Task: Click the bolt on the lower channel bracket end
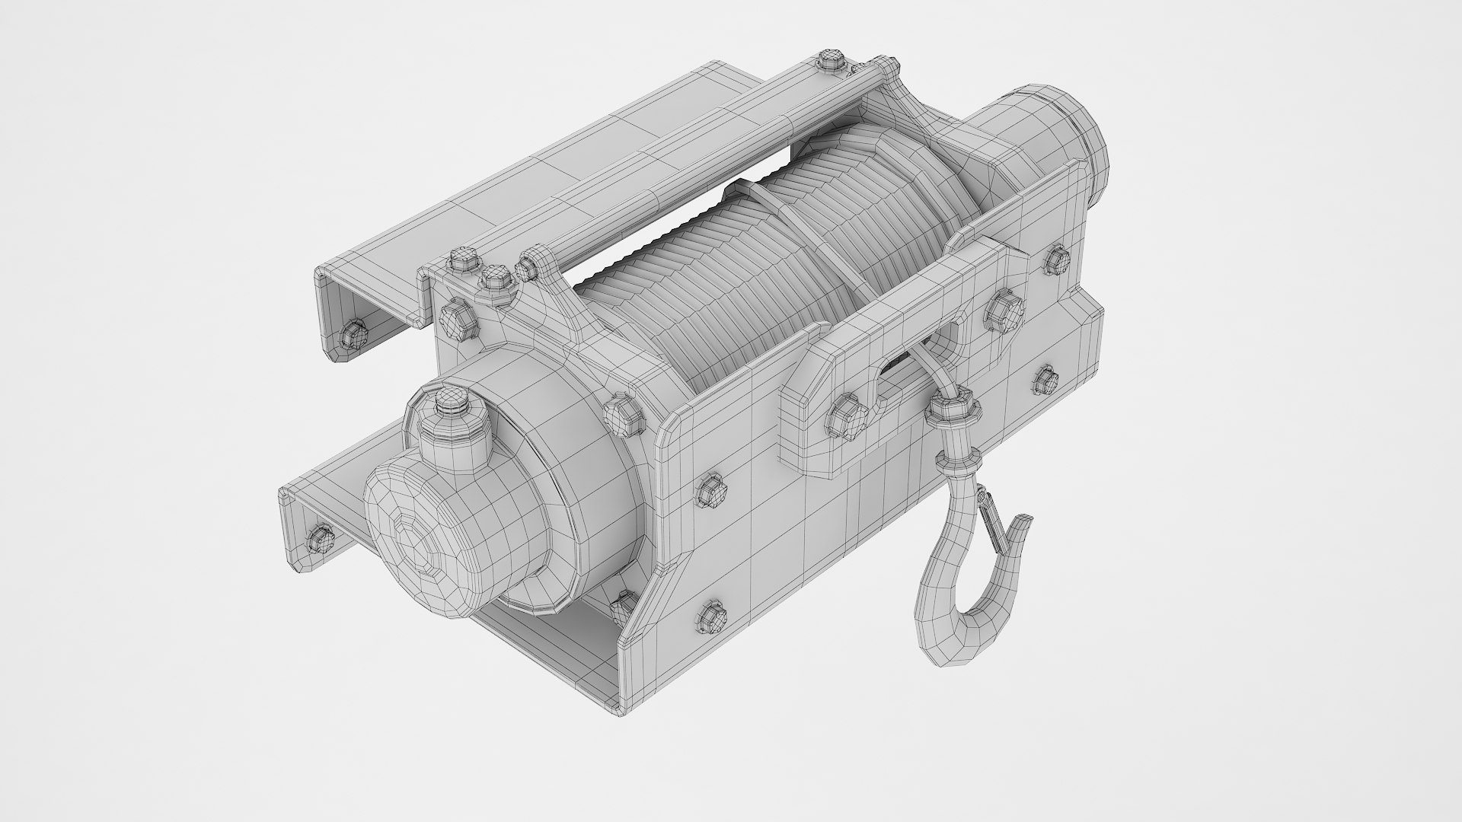[321, 539]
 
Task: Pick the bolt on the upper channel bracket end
[352, 333]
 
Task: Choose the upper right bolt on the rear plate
[1055, 260]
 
